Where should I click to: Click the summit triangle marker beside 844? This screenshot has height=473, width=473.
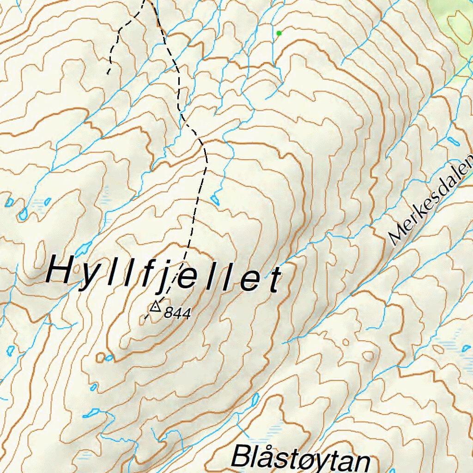155,306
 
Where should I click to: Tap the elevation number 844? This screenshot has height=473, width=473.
177,314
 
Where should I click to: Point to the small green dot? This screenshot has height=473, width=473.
279,33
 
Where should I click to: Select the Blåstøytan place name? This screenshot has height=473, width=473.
301,458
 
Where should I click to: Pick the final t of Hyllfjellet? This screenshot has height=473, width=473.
276,281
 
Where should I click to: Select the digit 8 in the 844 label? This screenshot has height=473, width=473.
168,314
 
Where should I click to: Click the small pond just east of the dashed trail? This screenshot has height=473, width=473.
215,200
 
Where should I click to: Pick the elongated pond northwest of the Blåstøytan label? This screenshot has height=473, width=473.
254,400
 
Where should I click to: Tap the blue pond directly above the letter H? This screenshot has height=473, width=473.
84,249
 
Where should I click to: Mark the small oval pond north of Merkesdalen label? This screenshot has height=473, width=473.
451,140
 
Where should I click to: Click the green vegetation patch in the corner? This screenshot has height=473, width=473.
455,28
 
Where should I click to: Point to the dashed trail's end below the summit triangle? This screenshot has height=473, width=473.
145,319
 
